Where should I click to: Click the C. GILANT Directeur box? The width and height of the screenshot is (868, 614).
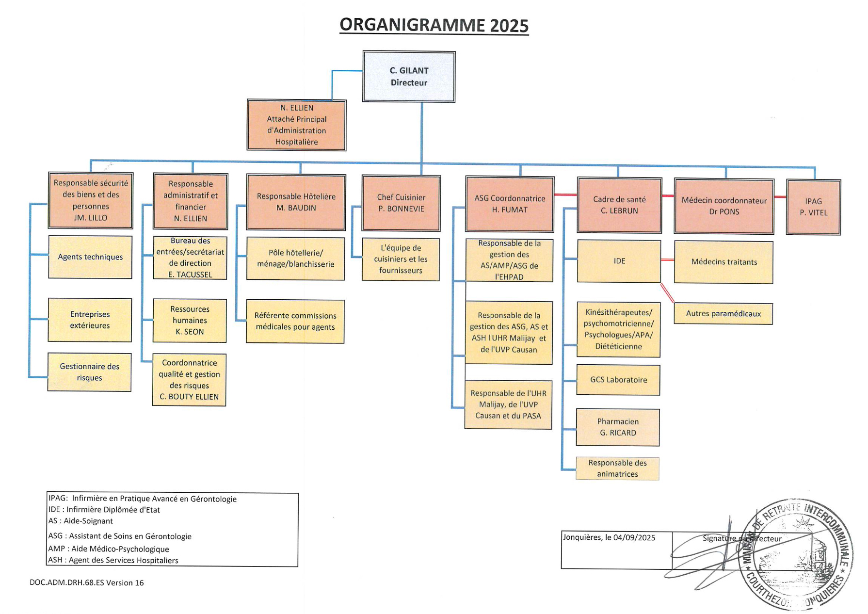[409, 77]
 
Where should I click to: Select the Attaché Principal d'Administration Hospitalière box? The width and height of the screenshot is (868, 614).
[296, 125]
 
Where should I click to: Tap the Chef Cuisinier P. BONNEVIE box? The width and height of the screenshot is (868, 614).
[401, 203]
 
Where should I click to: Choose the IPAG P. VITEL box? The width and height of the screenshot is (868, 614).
[813, 207]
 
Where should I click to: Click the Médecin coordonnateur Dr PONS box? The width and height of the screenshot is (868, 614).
[724, 206]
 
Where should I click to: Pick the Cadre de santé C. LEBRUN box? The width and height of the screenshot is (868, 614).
[619, 205]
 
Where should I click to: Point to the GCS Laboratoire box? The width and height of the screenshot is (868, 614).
[618, 380]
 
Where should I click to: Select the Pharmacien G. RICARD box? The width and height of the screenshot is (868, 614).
[618, 427]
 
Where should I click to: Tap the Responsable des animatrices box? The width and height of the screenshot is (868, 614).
[617, 469]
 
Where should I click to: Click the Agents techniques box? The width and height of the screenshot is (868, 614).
[90, 257]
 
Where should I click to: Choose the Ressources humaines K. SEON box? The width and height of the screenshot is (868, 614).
[190, 321]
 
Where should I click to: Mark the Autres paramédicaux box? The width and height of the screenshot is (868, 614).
[723, 314]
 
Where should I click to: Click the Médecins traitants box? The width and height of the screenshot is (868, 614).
[723, 262]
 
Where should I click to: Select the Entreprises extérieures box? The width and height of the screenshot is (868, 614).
[90, 320]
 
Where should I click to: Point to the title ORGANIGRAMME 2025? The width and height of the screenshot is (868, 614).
[434, 25]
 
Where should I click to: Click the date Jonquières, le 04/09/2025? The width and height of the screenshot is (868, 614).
[609, 537]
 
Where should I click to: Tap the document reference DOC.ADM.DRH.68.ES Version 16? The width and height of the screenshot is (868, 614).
[87, 583]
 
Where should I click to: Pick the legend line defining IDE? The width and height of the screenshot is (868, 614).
[104, 510]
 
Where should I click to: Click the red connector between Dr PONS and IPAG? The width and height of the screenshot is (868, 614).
[780, 197]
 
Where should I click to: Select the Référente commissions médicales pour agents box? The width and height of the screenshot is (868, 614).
[295, 322]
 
